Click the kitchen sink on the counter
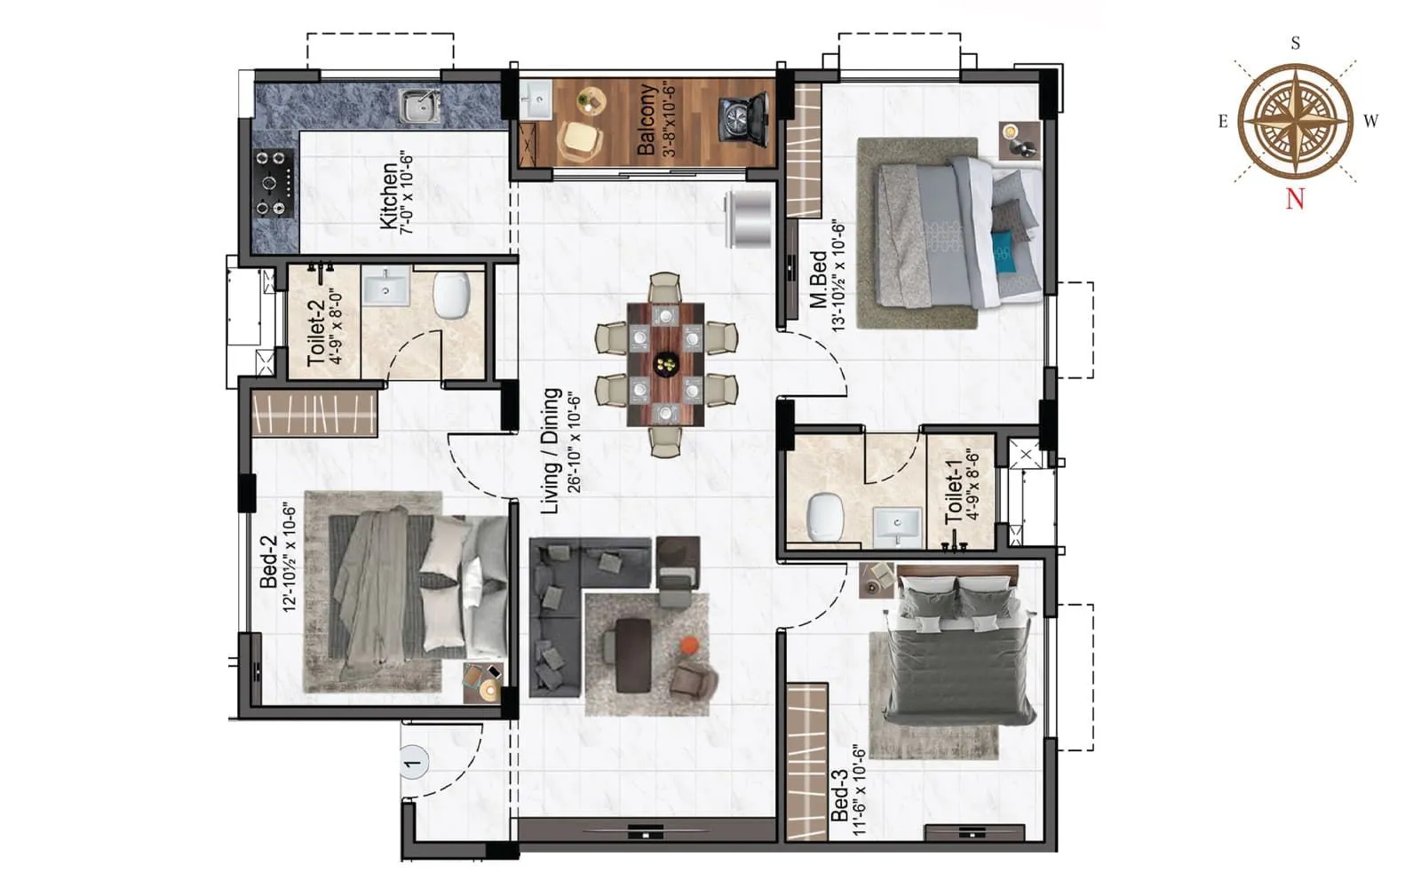[x=419, y=107]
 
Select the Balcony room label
[x=647, y=119]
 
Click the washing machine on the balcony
[x=744, y=120]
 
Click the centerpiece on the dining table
[x=665, y=362]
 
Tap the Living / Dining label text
[x=551, y=450]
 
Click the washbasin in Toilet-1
[x=897, y=526]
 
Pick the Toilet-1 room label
[x=954, y=498]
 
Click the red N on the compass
[x=1295, y=198]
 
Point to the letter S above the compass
[x=1296, y=44]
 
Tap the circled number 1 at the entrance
[x=412, y=762]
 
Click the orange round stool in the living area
[x=689, y=645]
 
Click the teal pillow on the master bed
[x=1004, y=253]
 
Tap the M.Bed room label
[x=818, y=279]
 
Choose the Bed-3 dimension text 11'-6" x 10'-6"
[x=858, y=790]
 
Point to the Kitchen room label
[x=389, y=195]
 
